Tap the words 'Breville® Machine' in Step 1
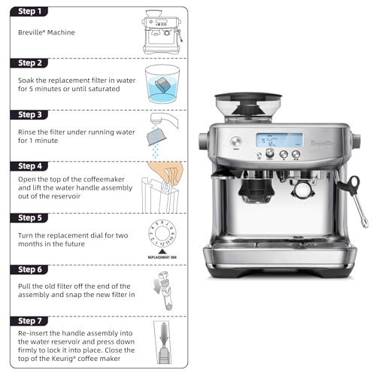[x=46, y=33]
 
